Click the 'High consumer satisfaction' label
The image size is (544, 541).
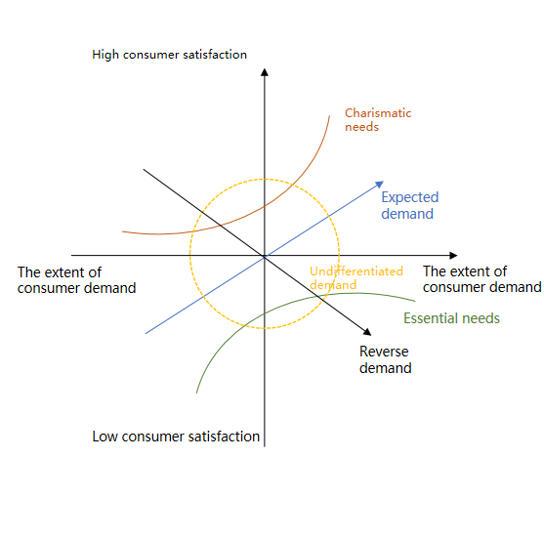point(169,55)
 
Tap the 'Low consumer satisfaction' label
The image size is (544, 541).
point(176,437)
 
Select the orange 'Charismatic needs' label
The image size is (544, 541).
point(378,120)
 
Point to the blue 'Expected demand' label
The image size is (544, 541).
point(410,205)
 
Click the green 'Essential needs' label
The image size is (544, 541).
point(451,318)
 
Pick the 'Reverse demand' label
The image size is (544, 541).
point(386,359)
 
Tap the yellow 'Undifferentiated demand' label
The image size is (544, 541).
point(356,277)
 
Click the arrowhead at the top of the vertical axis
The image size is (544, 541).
point(265,72)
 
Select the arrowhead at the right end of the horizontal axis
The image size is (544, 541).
point(453,256)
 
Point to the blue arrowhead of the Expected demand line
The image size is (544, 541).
point(380,185)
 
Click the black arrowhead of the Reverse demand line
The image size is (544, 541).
point(367,332)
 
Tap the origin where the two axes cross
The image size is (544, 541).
point(265,256)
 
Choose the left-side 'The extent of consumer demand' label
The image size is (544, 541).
point(77,280)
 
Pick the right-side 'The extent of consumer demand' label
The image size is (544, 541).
point(481,279)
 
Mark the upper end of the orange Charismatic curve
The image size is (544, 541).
point(329,116)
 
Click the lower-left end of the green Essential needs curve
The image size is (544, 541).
point(196,393)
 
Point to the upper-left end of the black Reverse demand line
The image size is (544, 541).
point(144,170)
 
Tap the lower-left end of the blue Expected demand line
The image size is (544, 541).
point(146,334)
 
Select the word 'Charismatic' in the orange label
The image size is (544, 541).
point(378,113)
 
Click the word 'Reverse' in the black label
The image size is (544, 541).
point(384,352)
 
